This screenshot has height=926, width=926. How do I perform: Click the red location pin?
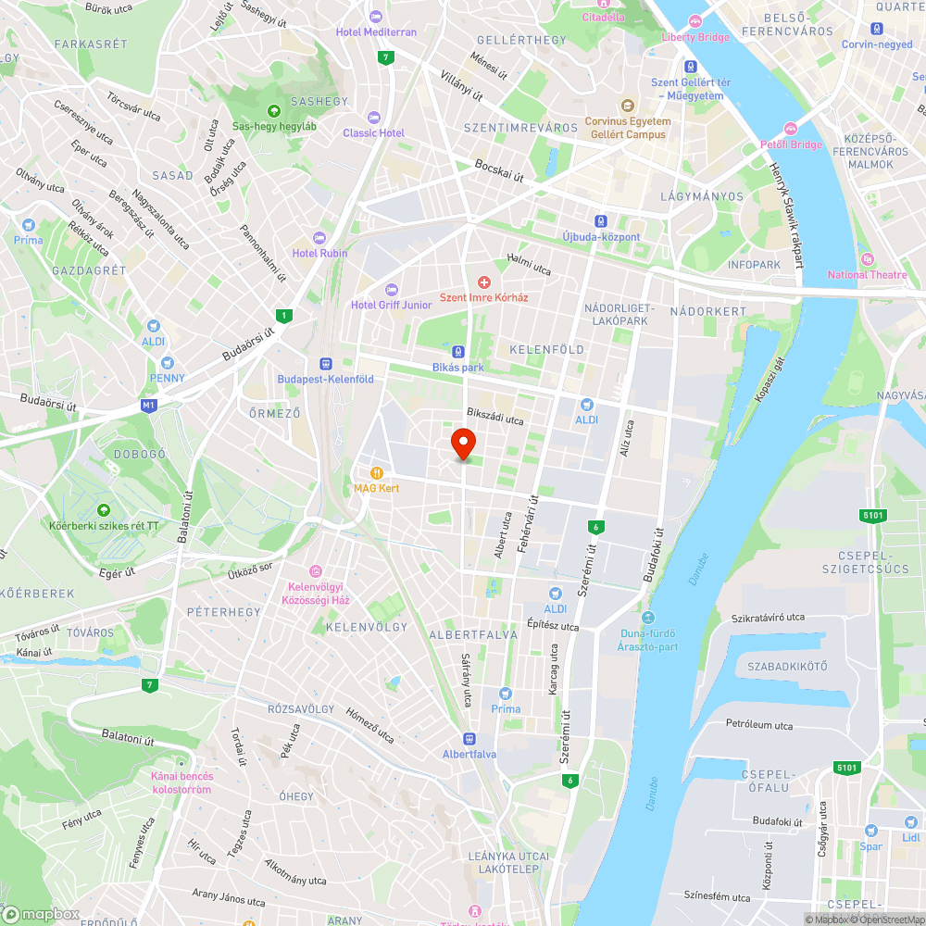[462, 443]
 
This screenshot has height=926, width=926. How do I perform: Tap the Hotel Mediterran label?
[376, 31]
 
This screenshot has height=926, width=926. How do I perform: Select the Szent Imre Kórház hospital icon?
[483, 282]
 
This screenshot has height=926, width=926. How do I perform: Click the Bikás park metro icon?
[458, 352]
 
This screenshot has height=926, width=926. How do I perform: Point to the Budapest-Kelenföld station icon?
[326, 364]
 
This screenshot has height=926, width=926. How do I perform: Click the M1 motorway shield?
[149, 405]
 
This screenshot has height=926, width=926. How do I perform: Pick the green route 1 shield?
[283, 316]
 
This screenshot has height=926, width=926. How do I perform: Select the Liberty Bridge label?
[695, 37]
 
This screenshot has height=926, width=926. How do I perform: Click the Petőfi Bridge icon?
[790, 129]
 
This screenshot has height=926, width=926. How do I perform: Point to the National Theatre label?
[868, 274]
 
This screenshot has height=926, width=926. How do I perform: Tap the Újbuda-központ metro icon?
[601, 221]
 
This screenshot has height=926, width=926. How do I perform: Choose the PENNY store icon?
[168, 363]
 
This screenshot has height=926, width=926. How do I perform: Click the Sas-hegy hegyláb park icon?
[274, 111]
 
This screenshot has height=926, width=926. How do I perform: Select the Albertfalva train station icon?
[469, 739]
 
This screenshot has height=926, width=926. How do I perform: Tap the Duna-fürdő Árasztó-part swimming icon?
[647, 618]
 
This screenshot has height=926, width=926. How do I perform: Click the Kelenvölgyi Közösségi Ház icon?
[316, 571]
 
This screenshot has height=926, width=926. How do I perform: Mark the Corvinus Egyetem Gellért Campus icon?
[627, 106]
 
